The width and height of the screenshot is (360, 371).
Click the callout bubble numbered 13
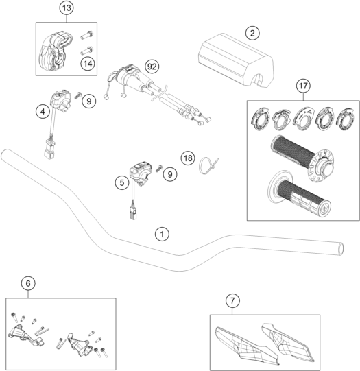click(x=67, y=8)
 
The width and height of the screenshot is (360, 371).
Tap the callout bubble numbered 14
click(x=88, y=63)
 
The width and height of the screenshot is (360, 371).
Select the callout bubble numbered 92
click(x=152, y=67)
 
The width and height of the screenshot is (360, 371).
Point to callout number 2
click(x=252, y=33)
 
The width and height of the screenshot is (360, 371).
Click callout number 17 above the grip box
click(x=304, y=86)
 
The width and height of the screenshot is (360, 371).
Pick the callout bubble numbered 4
click(x=43, y=111)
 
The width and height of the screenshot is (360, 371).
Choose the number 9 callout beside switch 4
click(x=89, y=101)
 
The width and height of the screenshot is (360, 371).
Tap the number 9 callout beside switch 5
click(x=170, y=174)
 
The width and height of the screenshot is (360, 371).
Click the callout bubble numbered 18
click(x=188, y=158)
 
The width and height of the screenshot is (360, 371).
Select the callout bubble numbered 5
click(x=122, y=182)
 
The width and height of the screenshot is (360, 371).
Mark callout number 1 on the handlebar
click(x=162, y=235)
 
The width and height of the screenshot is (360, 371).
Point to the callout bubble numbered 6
click(x=28, y=283)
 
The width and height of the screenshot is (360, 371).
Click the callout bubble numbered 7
click(x=232, y=301)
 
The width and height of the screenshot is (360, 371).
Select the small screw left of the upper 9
click(x=77, y=95)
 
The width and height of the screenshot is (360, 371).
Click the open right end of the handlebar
click(x=341, y=248)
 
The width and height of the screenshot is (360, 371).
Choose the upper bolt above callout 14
click(x=87, y=35)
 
